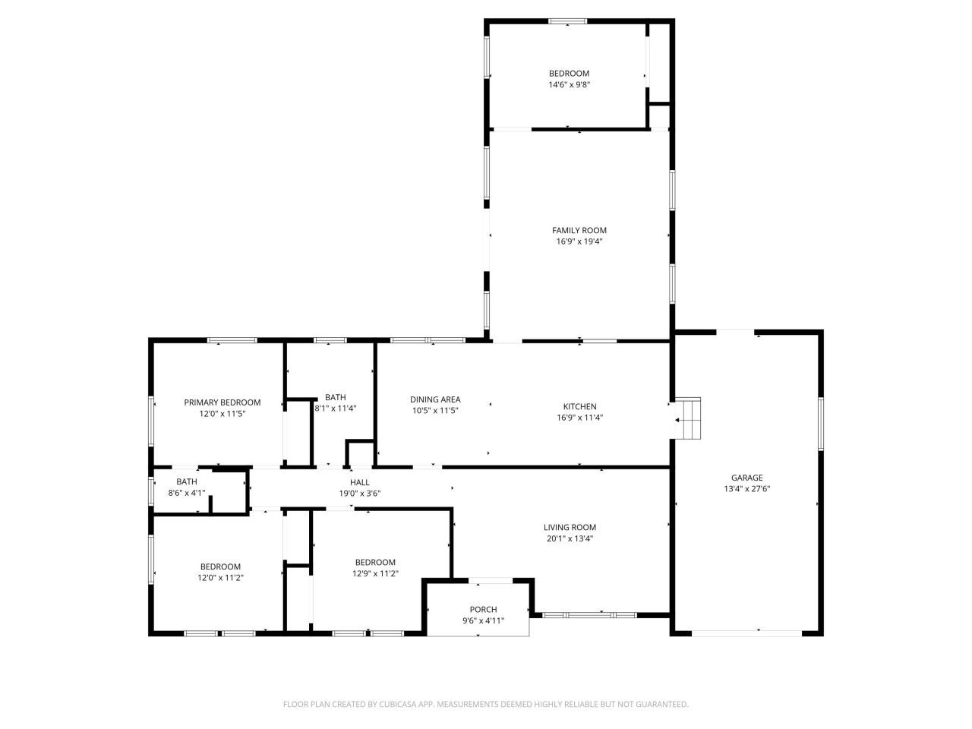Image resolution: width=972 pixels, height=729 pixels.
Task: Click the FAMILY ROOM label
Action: point(579,230)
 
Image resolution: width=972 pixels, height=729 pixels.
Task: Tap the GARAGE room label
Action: point(747,478)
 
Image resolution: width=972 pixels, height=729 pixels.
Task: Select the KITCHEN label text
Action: point(579,406)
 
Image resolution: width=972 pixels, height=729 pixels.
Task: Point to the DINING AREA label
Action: point(435,399)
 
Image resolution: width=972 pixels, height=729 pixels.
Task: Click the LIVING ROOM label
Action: point(570,527)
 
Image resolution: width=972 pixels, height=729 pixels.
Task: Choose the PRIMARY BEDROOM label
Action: point(222,402)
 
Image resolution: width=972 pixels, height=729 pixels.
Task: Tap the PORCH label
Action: point(483,609)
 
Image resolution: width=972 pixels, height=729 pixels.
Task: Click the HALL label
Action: point(359,482)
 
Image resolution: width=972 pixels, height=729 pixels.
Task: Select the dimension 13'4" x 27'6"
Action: point(747,490)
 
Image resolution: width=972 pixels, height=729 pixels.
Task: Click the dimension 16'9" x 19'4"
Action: point(579,242)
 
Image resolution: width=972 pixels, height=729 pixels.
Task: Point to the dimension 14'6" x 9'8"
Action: point(569,85)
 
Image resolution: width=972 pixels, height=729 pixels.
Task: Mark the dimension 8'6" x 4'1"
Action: point(187,493)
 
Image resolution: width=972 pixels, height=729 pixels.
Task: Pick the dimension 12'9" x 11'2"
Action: point(375,574)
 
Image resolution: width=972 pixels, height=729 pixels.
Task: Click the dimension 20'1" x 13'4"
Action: point(570,539)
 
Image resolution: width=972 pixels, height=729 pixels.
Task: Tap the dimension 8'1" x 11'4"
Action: point(336,409)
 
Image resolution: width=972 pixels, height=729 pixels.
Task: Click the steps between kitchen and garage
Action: point(688,418)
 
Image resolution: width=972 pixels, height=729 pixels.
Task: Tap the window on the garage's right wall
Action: point(820,423)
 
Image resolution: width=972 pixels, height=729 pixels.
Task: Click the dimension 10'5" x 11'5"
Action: point(435,410)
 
